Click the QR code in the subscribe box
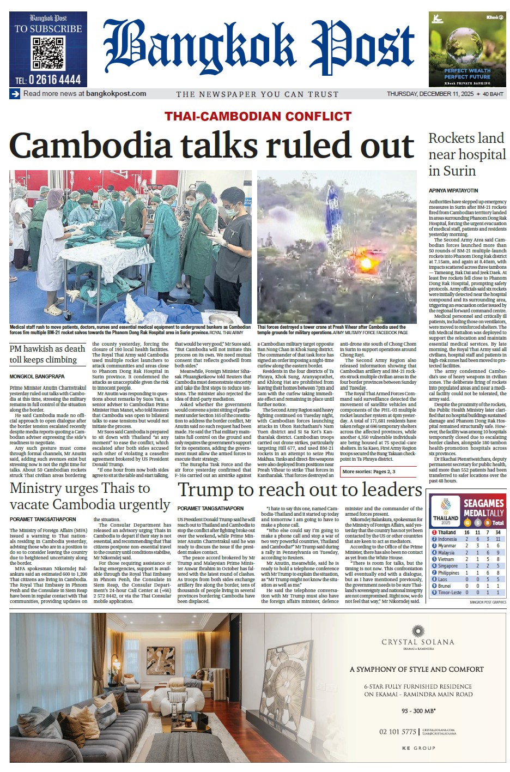tap(48, 53)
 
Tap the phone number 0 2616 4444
tap(48, 80)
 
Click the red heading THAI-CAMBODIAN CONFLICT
tap(258, 116)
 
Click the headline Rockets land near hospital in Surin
tap(467, 154)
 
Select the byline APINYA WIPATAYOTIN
tap(453, 191)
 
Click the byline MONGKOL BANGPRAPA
tap(37, 377)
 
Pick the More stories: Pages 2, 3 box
tap(368, 472)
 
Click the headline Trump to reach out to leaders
tap(300, 490)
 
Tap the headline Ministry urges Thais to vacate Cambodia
tap(90, 496)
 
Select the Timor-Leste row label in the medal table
tap(450, 593)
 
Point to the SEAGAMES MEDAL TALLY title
tap(484, 508)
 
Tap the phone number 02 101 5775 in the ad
tap(398, 732)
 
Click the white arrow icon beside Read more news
tap(15, 94)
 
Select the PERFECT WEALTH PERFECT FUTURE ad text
tap(467, 74)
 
